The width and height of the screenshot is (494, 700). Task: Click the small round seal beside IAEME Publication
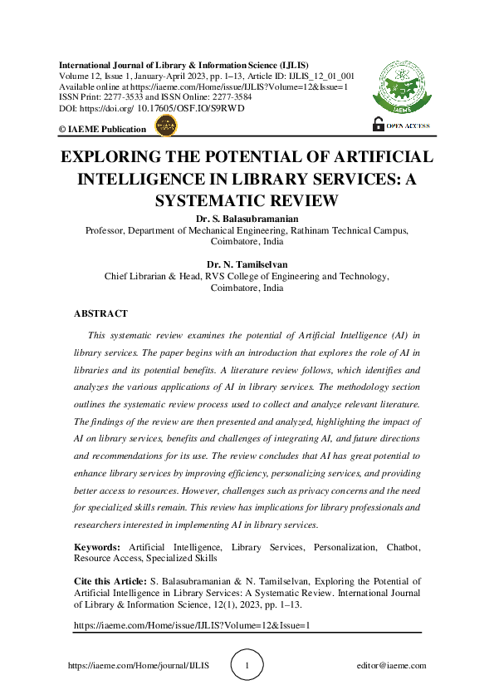pyautogui.click(x=166, y=126)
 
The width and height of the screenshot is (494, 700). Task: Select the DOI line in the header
pyautogui.click(x=151, y=108)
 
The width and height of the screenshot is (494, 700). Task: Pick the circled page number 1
pyautogui.click(x=247, y=665)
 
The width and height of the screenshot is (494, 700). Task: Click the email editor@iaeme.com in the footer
pyautogui.click(x=390, y=666)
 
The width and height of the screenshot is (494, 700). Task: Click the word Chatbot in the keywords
pyautogui.click(x=403, y=547)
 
